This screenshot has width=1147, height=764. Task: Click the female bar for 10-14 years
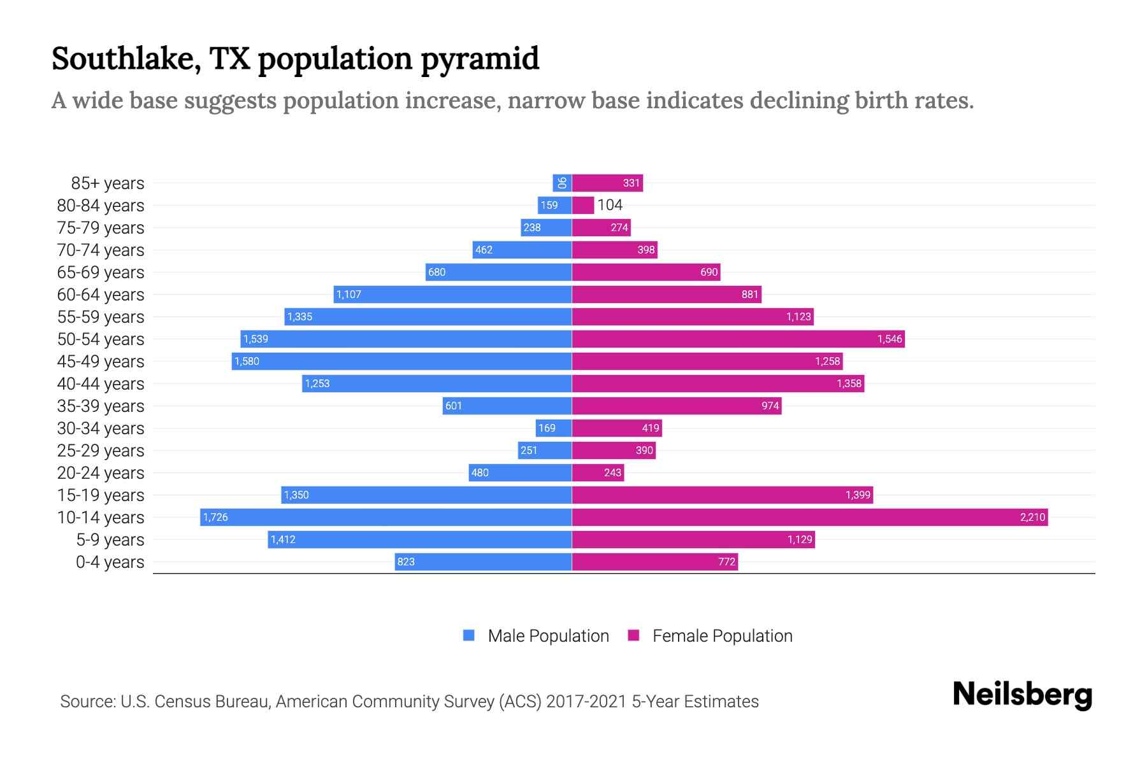809,517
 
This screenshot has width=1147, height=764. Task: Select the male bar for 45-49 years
401,361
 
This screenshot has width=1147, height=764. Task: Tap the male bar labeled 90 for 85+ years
562,183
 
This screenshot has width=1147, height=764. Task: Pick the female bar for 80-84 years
582,205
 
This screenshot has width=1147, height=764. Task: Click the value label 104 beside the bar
610,205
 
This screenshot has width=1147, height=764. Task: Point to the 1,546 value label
890,339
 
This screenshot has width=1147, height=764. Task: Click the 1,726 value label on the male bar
215,517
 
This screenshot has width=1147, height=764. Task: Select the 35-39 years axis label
101,406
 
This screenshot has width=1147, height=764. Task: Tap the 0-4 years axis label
110,562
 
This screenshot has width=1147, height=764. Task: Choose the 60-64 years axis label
101,295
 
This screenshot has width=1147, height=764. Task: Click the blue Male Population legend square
469,635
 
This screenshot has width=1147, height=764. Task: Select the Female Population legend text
722,635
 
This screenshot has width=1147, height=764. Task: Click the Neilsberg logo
1022,694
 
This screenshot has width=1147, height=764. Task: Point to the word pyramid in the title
480,59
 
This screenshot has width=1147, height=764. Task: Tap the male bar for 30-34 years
554,428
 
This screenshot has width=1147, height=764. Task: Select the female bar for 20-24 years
598,472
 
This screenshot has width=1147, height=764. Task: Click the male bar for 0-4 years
483,562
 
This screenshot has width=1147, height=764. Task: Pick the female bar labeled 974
676,406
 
